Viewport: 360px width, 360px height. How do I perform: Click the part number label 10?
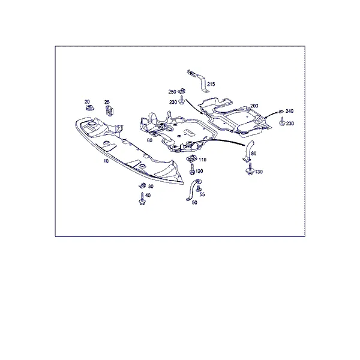(x=106, y=161)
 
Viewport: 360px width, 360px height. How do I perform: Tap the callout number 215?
(x=211, y=84)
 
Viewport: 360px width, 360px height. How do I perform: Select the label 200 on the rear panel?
(x=254, y=106)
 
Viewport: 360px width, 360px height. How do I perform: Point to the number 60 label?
(x=149, y=140)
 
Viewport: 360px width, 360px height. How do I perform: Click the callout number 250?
(x=172, y=92)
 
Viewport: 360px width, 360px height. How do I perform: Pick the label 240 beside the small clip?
(x=290, y=111)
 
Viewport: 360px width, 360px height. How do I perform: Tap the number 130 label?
(x=259, y=172)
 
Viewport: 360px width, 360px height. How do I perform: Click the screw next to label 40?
(x=142, y=199)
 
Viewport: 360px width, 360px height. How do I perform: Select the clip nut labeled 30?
(x=143, y=185)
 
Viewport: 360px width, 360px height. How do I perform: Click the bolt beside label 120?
(x=192, y=169)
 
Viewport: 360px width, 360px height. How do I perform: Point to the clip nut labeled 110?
(x=192, y=158)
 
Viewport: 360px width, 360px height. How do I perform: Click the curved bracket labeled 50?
(x=192, y=190)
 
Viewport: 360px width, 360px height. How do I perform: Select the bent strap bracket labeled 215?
(x=198, y=81)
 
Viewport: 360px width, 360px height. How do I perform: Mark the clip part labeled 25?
(x=109, y=110)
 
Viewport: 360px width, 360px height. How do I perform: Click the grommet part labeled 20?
(x=89, y=107)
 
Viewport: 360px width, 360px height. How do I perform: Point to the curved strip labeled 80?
(x=248, y=150)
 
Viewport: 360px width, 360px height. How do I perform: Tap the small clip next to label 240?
(x=281, y=112)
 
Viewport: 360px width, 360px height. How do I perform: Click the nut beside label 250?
(x=182, y=91)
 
